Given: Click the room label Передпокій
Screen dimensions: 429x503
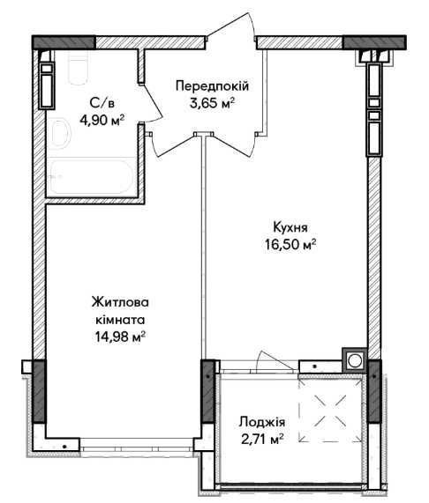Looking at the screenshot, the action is click(x=212, y=86).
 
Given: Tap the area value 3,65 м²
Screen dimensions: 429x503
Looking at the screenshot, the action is click(x=211, y=103).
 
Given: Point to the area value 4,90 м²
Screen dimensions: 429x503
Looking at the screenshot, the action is click(x=102, y=121).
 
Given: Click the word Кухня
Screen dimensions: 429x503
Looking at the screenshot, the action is click(x=290, y=227).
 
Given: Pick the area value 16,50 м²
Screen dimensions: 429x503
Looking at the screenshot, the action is click(x=290, y=244).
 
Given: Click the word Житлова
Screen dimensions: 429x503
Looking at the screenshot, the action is click(x=120, y=302).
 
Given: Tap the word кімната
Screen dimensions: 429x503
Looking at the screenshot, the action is click(x=120, y=320).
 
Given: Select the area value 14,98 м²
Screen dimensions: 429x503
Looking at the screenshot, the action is click(x=120, y=337).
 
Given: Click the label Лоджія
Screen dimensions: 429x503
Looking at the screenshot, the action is click(x=262, y=422).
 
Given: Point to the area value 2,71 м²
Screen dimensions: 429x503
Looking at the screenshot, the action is click(x=262, y=439).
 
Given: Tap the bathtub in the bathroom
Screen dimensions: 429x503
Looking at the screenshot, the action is click(x=91, y=177).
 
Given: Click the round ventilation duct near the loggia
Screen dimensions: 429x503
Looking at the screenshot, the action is click(x=355, y=360).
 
